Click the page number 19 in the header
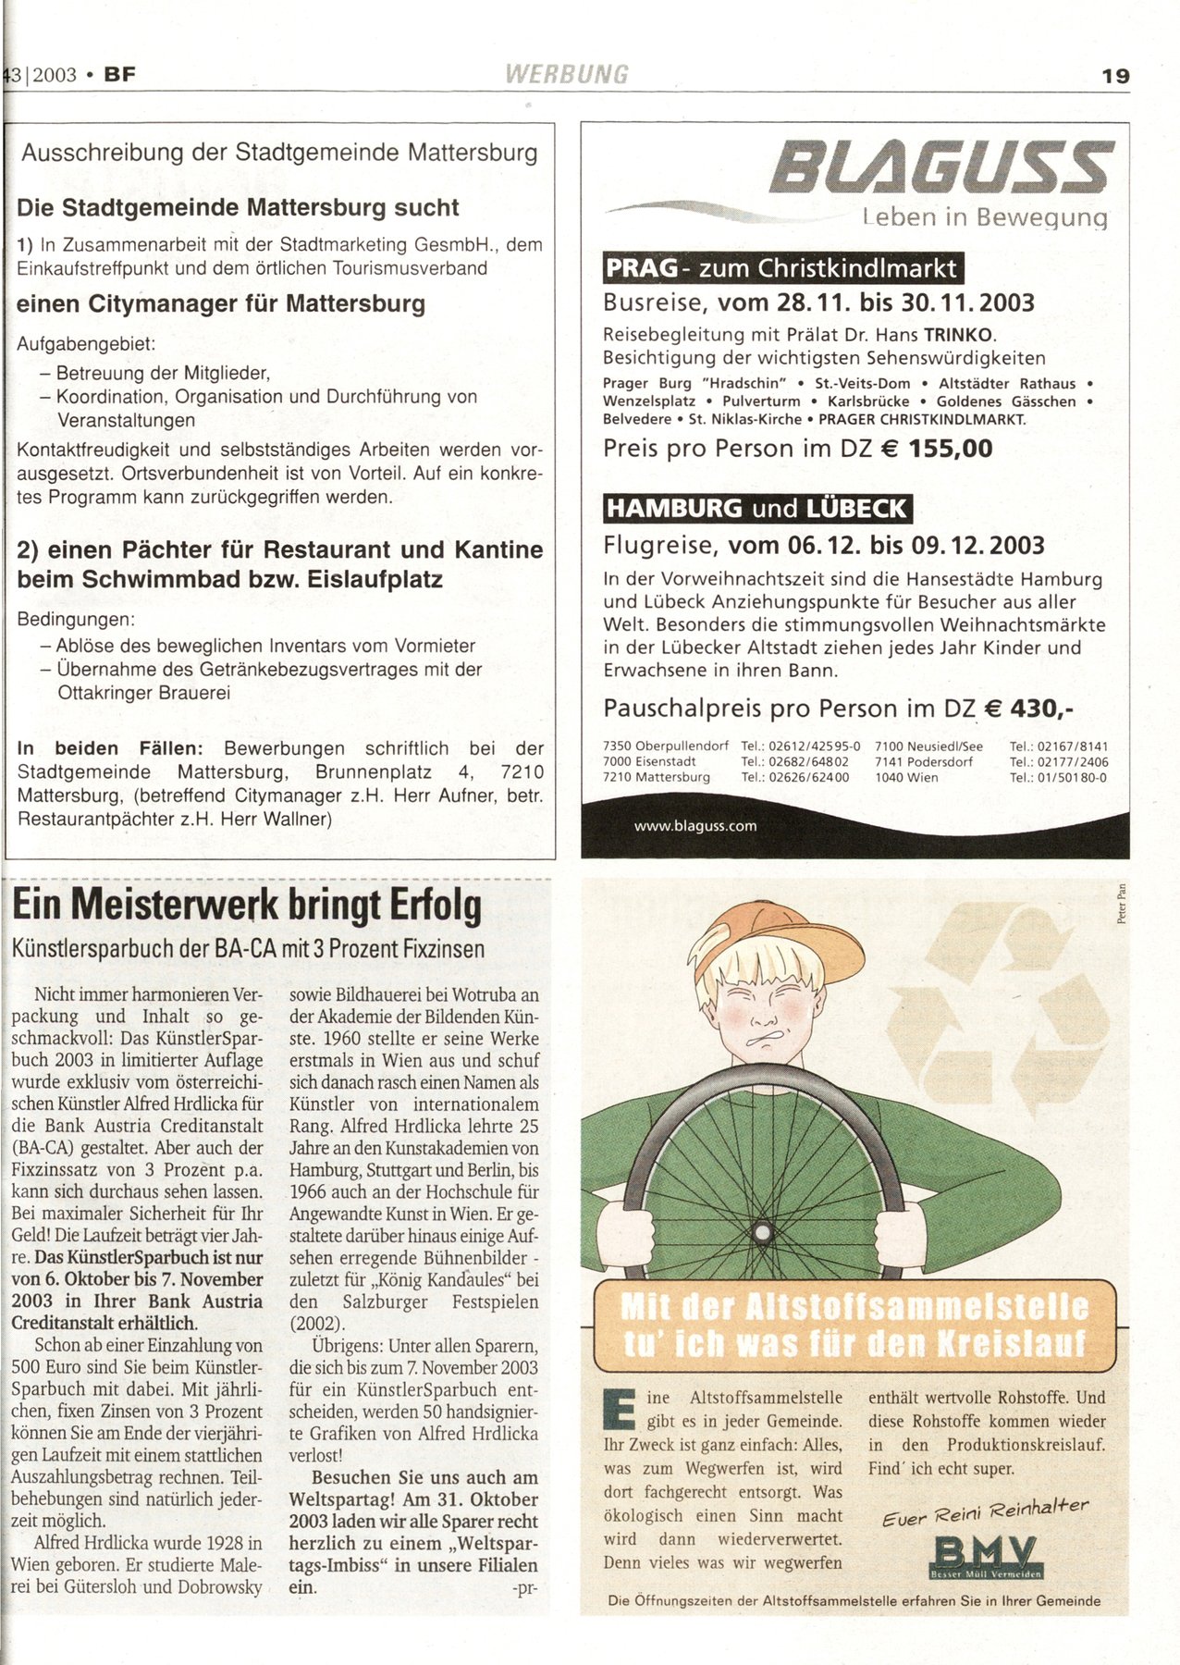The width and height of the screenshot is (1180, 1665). coord(1115,76)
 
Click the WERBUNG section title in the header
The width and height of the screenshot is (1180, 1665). coord(567,74)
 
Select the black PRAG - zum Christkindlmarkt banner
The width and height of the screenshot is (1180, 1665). coord(782,268)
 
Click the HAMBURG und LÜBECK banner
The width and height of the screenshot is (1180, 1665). coord(756,508)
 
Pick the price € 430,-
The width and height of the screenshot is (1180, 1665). coord(1028,709)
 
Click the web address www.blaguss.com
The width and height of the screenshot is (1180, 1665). coord(695,826)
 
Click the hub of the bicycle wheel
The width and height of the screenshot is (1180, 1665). coord(763,1232)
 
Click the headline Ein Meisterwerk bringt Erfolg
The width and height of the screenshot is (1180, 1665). coord(247,905)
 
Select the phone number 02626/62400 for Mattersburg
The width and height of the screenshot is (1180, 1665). coord(794,777)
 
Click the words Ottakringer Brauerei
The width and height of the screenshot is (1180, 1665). coord(143,693)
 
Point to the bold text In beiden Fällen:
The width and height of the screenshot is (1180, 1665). coord(110,748)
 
